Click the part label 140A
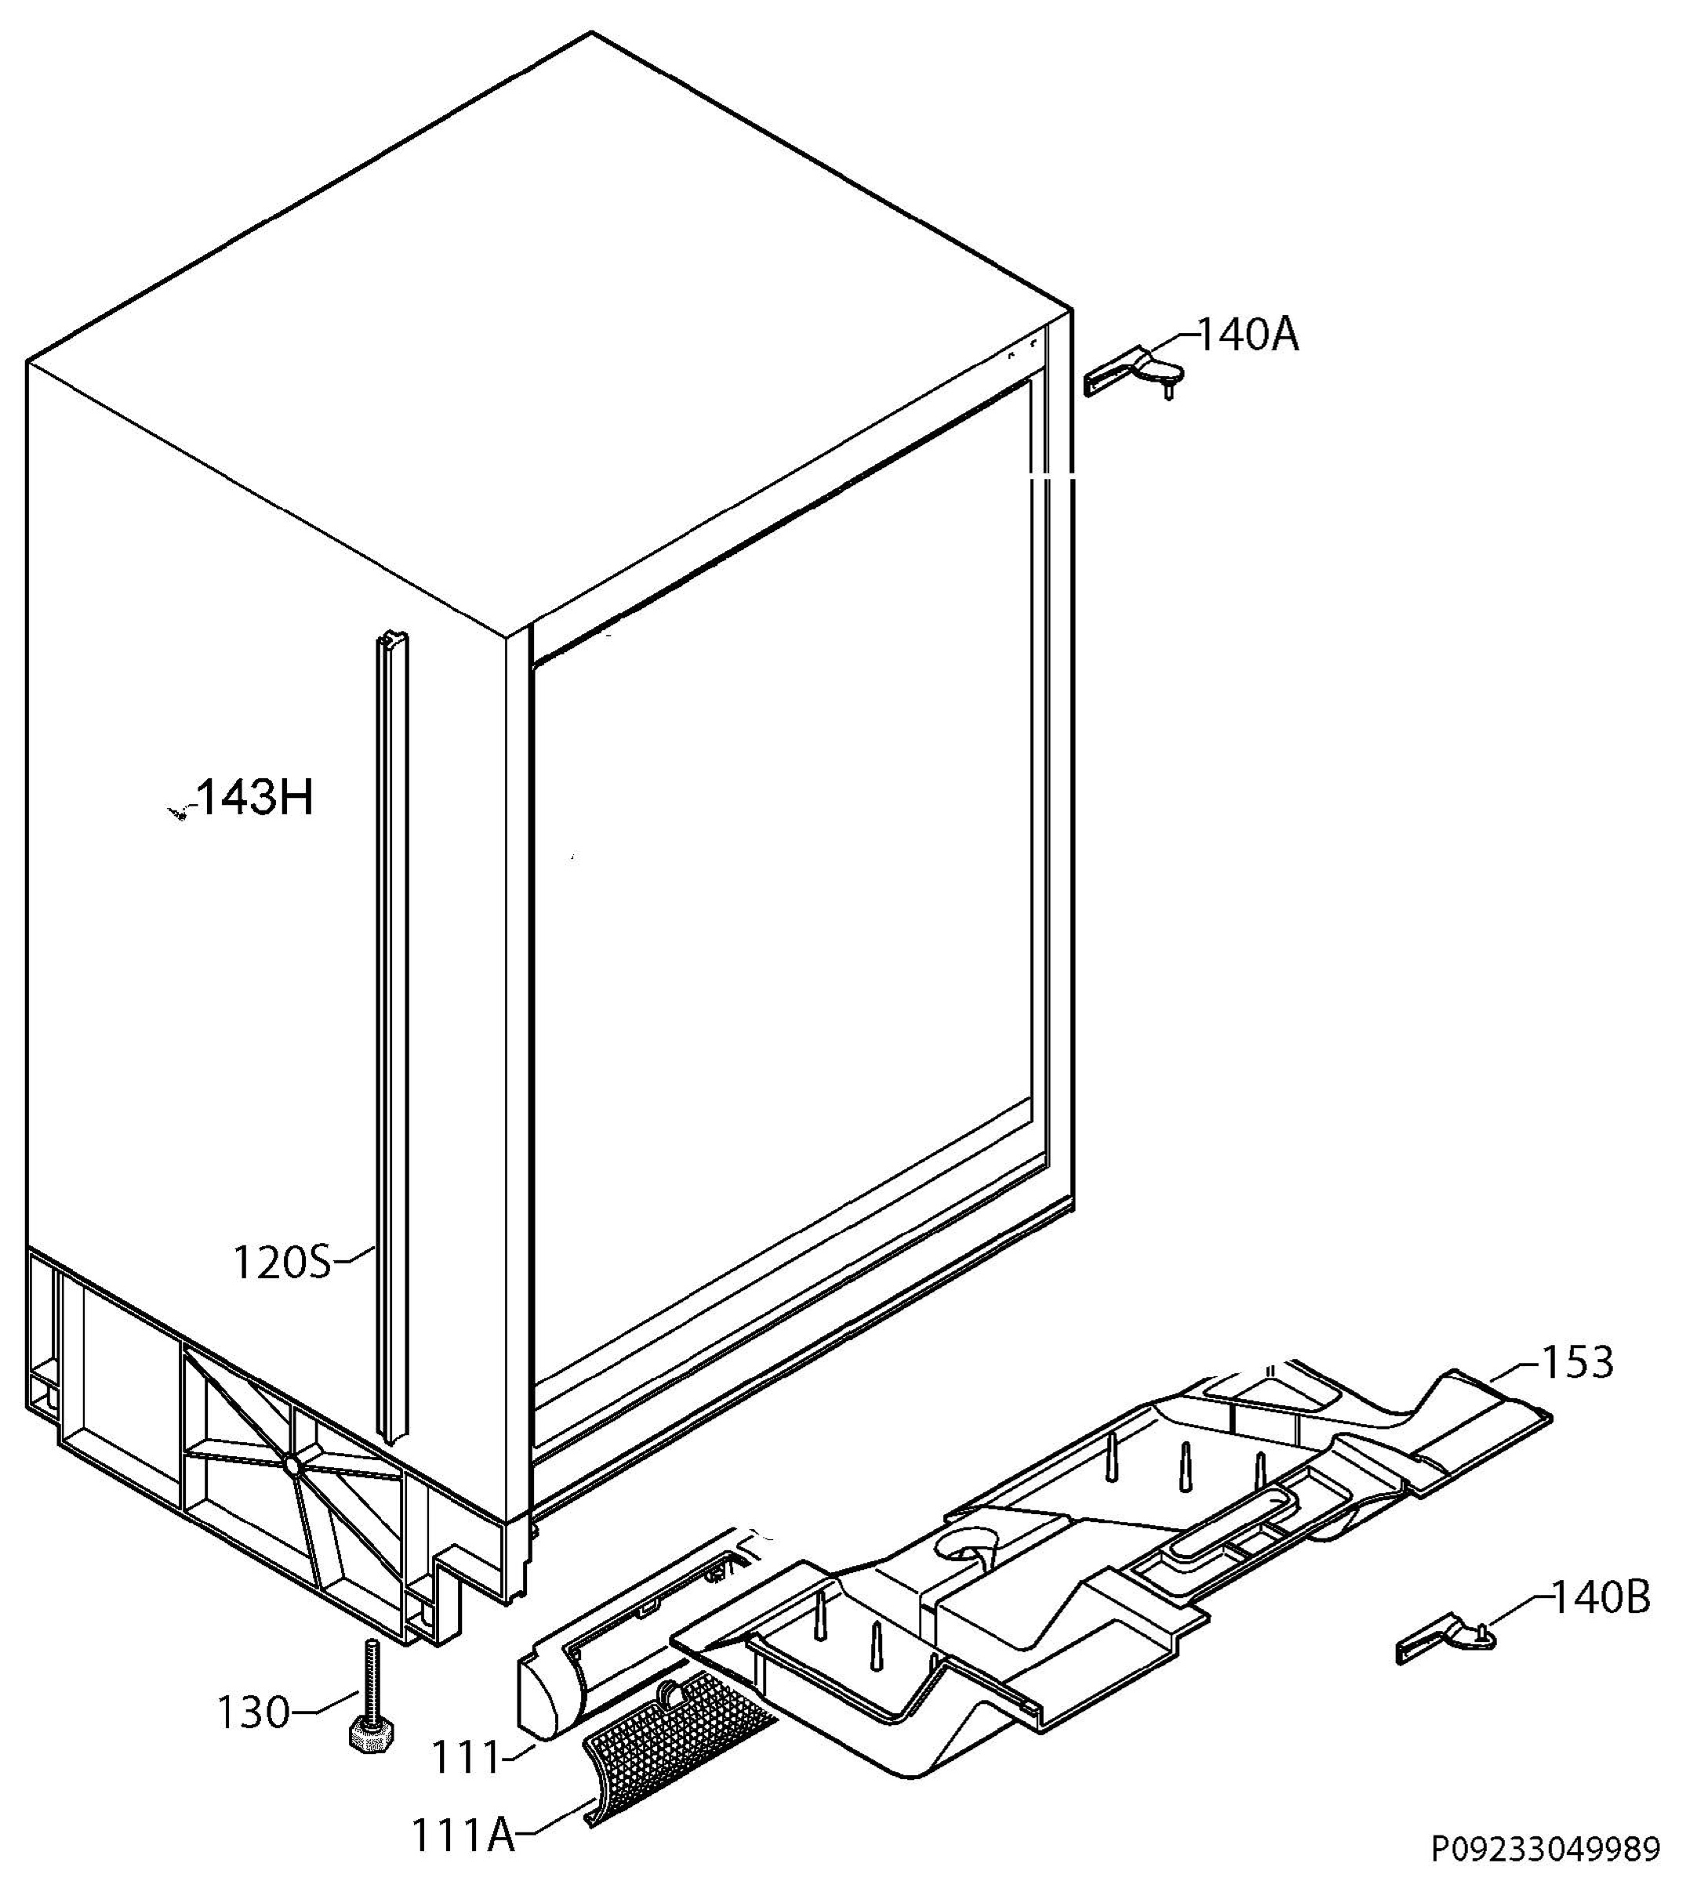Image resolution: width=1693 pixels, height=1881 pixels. click(x=1248, y=335)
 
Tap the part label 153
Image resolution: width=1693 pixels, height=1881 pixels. click(x=1578, y=1363)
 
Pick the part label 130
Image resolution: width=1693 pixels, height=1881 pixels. click(x=253, y=1712)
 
